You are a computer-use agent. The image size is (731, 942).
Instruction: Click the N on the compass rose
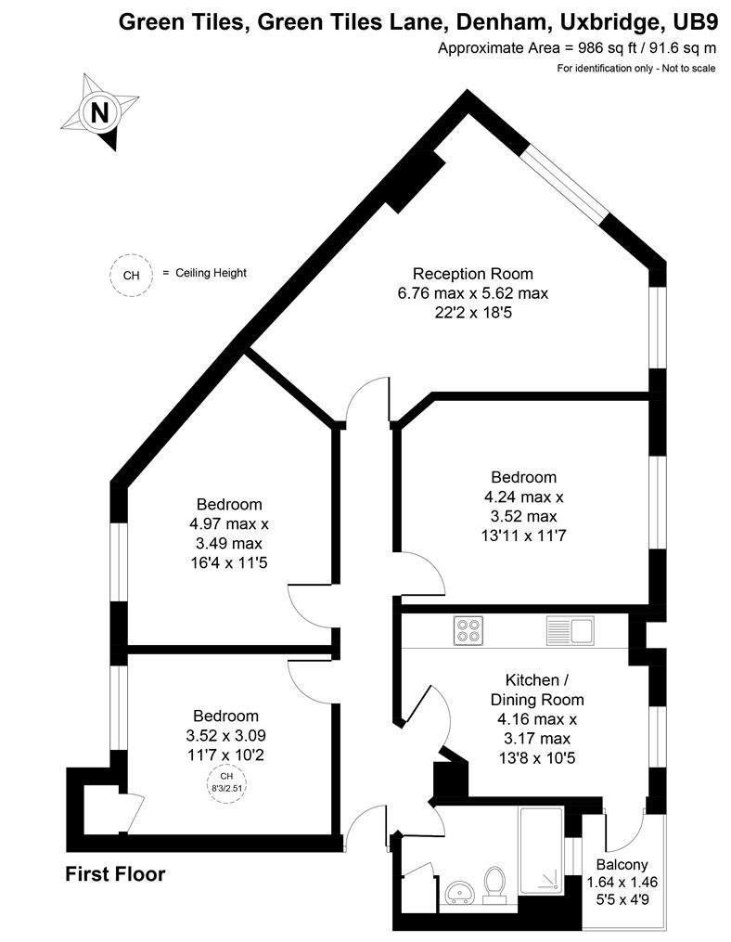[x=99, y=111]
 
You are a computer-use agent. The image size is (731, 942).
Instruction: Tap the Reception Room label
[x=473, y=274]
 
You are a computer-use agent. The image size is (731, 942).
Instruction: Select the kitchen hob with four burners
[x=468, y=631]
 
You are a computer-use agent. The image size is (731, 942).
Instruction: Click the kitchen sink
[x=570, y=631]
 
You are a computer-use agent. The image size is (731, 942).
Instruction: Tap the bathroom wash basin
[x=461, y=892]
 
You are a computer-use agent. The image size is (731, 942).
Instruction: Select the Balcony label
[x=622, y=865]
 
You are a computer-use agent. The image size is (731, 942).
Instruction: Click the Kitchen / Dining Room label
[x=537, y=690]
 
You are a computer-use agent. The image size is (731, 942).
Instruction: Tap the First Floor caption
[x=115, y=873]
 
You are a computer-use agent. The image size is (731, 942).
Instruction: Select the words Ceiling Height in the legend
[x=211, y=273]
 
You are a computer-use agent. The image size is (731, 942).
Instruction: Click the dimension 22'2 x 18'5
[x=473, y=313]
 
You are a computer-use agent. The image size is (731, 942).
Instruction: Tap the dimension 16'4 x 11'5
[x=229, y=563]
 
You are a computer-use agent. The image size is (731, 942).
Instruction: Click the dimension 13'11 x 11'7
[x=524, y=536]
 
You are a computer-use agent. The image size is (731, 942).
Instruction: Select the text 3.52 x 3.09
[x=225, y=735]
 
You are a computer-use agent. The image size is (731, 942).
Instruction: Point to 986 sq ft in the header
[x=607, y=48]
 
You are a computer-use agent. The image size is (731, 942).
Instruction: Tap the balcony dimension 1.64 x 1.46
[x=622, y=883]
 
